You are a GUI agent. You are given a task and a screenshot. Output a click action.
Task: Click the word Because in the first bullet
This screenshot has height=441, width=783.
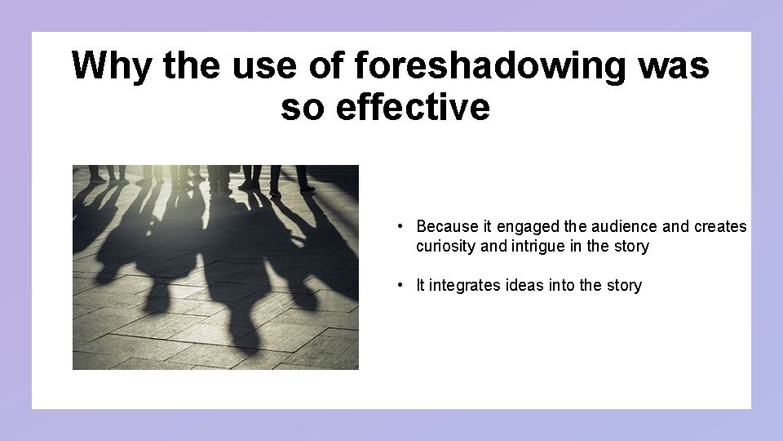[447, 226]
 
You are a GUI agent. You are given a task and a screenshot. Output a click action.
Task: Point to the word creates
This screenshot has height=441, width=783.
[720, 226]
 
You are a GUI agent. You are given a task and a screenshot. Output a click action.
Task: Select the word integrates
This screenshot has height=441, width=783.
[464, 285]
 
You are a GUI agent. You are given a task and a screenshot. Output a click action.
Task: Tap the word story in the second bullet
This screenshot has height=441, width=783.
[624, 285]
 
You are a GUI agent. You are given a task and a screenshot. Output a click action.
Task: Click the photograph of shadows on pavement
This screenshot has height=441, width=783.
[215, 267]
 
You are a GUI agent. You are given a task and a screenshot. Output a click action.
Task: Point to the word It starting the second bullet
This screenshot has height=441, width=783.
[421, 285]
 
